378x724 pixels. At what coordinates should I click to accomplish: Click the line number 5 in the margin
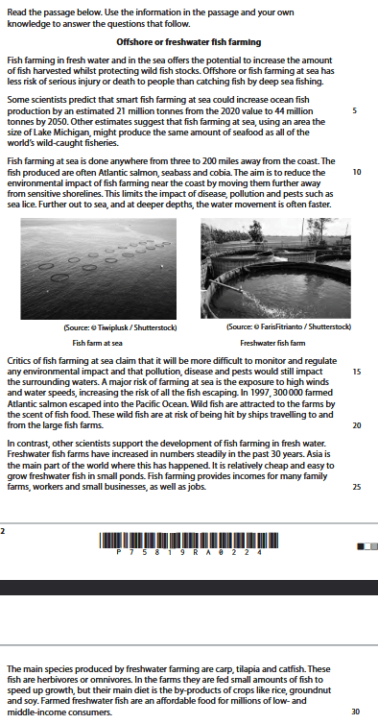coord(355,111)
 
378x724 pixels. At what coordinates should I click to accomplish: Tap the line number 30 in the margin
coord(356,712)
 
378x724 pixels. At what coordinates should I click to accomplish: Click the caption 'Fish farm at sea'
coord(98,342)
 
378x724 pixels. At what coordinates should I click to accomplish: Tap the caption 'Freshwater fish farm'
coord(272,342)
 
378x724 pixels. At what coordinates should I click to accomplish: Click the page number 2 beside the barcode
coord(5,529)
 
